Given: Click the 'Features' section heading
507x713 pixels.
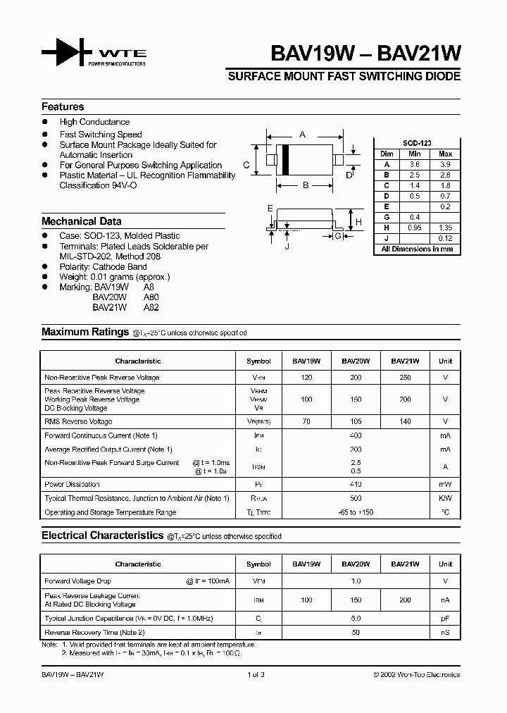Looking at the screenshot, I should tap(63, 106).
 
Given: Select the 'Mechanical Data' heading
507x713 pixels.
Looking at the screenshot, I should tap(81, 221).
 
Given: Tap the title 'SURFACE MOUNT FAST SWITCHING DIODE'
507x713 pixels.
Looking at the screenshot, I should tap(344, 76).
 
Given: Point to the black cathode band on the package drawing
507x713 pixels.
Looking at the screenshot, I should tap(286, 160).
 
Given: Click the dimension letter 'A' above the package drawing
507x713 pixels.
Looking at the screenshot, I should tap(303, 134).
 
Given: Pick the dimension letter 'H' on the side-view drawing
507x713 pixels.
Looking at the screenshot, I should tap(358, 222).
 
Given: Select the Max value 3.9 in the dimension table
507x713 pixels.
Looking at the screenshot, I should tap(445, 163).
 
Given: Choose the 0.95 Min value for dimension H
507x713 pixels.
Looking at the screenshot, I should tap(415, 228).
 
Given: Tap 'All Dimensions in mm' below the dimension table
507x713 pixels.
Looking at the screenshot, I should tap(417, 249).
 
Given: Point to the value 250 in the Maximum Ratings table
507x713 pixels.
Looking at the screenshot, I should tap(405, 378).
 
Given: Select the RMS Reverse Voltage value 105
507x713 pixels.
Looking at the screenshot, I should tap(356, 421).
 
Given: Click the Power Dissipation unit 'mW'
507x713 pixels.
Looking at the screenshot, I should tap(445, 485).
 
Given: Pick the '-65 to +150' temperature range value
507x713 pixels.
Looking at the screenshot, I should tap(356, 513).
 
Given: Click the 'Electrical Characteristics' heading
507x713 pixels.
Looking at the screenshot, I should tap(102, 535).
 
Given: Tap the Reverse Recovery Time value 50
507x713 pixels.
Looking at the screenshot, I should tap(356, 633).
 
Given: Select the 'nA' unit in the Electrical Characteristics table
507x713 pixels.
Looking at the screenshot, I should tap(445, 600).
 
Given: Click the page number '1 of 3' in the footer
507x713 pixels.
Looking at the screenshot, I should tap(256, 675).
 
